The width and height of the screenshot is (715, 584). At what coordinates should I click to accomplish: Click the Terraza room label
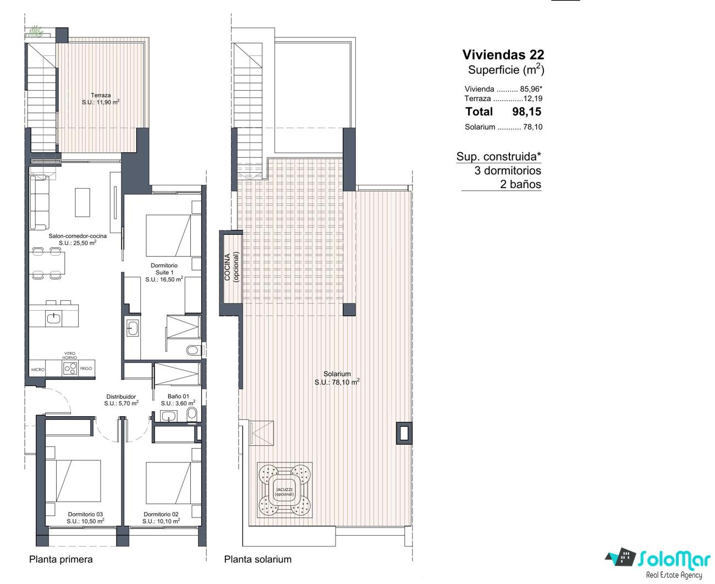(x=101, y=95)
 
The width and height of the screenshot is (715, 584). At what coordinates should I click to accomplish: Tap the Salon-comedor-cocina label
(x=78, y=236)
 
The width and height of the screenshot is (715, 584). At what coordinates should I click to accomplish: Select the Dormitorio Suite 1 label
(x=164, y=269)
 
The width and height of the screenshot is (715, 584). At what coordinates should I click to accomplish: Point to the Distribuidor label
(x=121, y=396)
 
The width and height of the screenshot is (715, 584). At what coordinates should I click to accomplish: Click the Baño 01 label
(x=178, y=396)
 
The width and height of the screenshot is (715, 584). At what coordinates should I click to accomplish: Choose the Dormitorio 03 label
(x=85, y=514)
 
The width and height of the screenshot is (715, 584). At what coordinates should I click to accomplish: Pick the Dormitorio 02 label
(x=161, y=514)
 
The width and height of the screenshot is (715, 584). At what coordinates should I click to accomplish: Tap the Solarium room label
(x=337, y=374)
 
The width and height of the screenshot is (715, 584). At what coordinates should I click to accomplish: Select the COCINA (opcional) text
(x=232, y=267)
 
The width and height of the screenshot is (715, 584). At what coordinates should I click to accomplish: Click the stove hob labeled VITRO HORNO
(x=70, y=368)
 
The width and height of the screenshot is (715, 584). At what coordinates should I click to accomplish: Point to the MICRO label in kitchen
(x=37, y=370)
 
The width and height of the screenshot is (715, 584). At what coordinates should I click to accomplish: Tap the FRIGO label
(x=86, y=368)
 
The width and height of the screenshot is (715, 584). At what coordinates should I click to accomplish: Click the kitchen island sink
(x=53, y=318)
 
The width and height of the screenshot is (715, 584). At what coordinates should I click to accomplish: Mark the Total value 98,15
(x=526, y=112)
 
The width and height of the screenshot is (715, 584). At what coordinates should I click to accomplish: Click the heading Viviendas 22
(x=503, y=54)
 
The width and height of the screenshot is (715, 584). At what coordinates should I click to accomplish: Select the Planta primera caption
(x=61, y=559)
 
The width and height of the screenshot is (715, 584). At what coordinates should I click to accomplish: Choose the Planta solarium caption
(x=257, y=559)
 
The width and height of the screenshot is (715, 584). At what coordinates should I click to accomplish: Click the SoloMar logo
(x=658, y=564)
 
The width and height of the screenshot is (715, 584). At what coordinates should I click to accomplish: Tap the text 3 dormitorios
(x=508, y=170)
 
